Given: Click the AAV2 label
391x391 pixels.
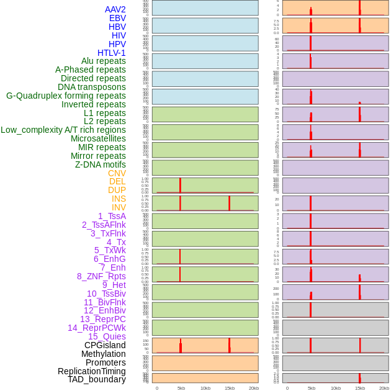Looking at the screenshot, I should pos(115,9).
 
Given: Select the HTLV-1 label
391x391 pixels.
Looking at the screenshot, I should pos(112,53).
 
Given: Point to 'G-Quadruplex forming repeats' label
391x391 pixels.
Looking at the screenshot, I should pos(66,96).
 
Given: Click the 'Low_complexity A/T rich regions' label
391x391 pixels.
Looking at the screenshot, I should pos(63,130).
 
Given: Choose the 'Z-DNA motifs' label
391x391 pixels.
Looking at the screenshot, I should pos(101,164).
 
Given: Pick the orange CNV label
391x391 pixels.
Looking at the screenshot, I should pos(117,173).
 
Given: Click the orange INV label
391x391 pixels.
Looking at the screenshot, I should pos(119,207).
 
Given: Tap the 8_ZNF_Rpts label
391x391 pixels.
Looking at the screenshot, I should pos(101,276).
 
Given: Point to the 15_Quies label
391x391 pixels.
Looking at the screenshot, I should pos(107,336).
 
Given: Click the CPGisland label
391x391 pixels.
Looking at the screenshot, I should pos(105,345).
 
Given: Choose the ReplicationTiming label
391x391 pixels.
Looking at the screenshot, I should pos(92,371).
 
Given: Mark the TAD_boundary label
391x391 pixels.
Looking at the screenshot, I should pos(97,379).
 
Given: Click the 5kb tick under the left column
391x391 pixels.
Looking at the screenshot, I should pos(181,388).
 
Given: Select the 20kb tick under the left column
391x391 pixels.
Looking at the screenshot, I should pos(254,388).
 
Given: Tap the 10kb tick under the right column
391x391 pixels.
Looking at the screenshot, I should pos(336,388).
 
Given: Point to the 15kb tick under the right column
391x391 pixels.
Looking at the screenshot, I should pos(360,388).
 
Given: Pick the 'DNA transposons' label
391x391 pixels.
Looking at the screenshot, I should pos(92,87).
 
